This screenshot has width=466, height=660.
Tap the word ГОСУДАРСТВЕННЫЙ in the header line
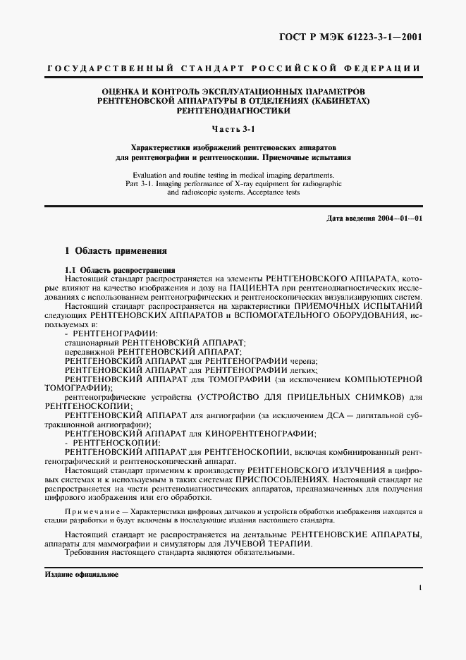99,68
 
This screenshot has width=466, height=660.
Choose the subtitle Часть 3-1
233,128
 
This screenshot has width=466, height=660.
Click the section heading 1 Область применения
116,250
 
